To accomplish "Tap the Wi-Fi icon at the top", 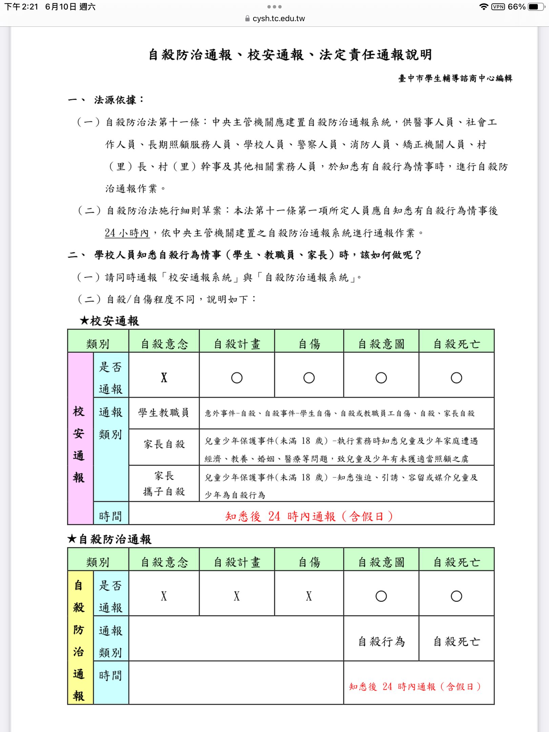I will tap(484, 7).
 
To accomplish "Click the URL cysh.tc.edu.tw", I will tap(279, 19).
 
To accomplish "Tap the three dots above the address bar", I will tap(274, 7).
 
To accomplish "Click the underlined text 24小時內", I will tap(127, 233).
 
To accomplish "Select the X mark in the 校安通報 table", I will tap(164, 378).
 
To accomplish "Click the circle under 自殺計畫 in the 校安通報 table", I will tap(237, 378).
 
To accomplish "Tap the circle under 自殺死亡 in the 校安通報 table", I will tap(456, 378).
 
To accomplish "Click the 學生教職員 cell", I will tap(164, 413).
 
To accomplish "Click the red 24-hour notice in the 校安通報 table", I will tap(309, 516).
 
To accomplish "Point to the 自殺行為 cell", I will tap(381, 642).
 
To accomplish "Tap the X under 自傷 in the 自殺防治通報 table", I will tap(309, 596).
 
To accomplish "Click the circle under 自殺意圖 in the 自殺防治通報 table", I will tap(381, 596).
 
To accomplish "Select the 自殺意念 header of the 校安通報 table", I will tap(164, 344).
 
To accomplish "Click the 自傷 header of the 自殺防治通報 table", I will tap(309, 562).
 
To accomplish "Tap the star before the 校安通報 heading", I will tap(84, 321).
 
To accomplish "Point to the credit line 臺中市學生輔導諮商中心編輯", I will tap(455, 79).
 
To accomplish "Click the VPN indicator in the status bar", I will tap(498, 7).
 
